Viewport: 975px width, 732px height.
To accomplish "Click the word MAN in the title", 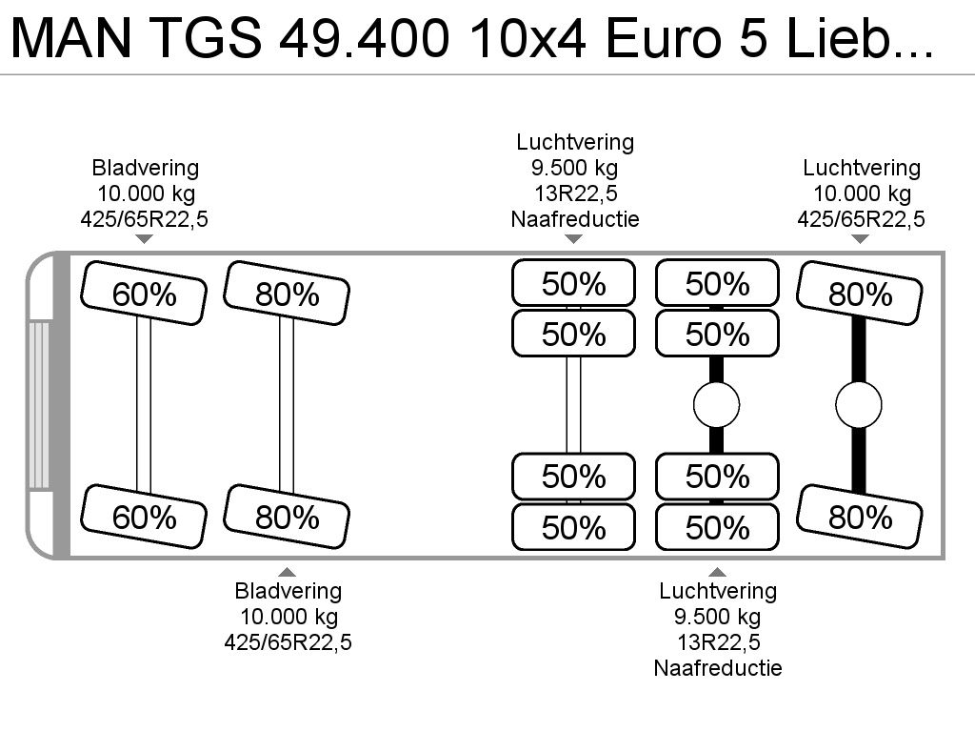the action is tap(70, 37).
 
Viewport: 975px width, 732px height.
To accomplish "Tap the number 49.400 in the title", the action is tap(364, 37).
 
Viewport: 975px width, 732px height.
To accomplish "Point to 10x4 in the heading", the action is tap(527, 37).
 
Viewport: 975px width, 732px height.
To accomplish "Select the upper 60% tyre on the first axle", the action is tap(144, 294).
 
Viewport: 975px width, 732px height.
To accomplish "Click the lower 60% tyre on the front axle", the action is tap(144, 517).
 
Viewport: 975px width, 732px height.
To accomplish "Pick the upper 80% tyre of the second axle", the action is tap(287, 294).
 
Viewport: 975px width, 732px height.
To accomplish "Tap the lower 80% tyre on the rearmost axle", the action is tap(860, 517).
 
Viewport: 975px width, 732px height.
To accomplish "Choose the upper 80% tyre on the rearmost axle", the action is tap(860, 294).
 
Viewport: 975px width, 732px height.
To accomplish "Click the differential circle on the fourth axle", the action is tap(716, 405).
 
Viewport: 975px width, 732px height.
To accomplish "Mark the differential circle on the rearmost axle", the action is tap(859, 405).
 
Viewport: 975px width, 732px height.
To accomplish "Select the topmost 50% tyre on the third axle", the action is tap(573, 283).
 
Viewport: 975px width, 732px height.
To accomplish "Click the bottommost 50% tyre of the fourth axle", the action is tap(717, 527).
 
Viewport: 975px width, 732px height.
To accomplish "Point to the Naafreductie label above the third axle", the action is tap(575, 219).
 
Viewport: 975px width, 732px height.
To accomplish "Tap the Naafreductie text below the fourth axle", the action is tap(718, 668).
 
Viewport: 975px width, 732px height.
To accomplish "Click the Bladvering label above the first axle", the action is tap(146, 168).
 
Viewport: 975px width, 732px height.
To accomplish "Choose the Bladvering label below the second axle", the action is tap(288, 591).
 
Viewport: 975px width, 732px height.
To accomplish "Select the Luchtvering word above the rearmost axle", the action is tap(861, 168).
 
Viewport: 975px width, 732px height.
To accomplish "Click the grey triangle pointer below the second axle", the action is tap(287, 572).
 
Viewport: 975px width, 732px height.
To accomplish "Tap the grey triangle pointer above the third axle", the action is tap(573, 239).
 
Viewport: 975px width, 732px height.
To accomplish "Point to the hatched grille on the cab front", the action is tap(38, 404).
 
